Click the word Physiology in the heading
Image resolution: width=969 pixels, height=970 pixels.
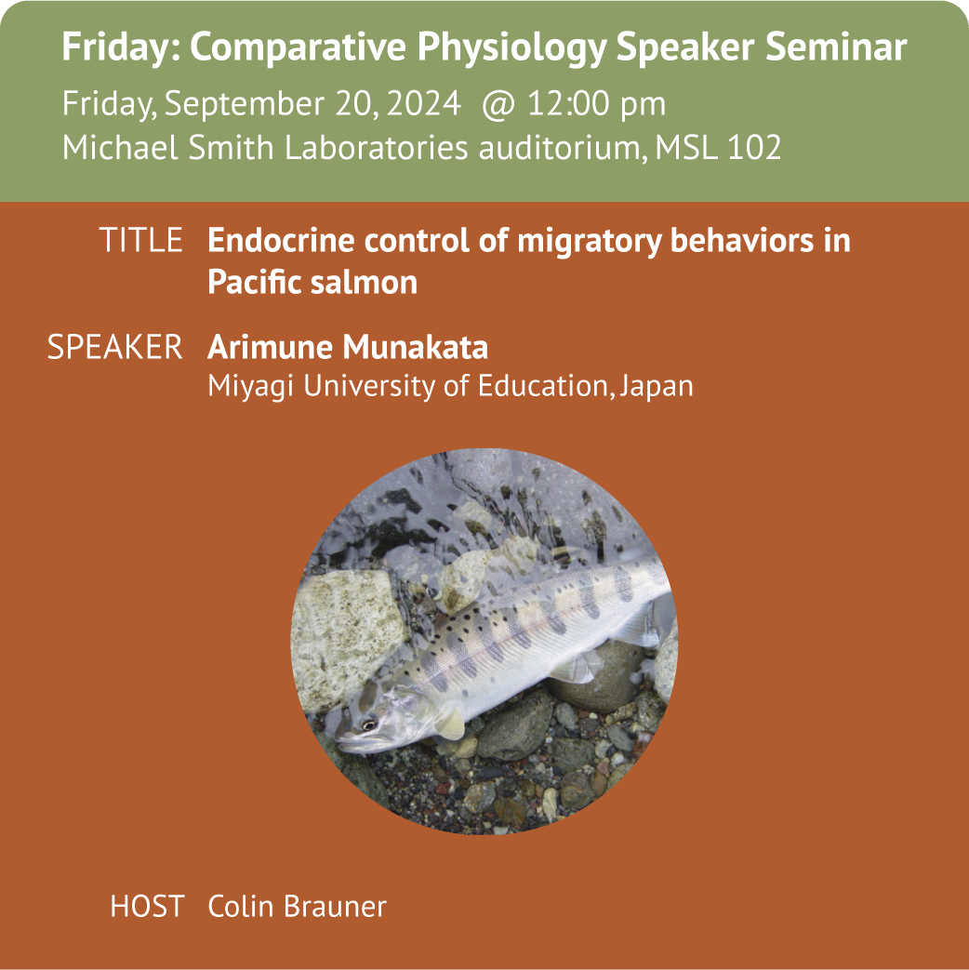(511, 47)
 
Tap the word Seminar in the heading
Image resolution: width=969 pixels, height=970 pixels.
(835, 47)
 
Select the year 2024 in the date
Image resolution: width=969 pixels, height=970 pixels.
(424, 102)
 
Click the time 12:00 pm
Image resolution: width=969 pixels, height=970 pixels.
(596, 103)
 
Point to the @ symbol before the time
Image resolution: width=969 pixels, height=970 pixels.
(498, 104)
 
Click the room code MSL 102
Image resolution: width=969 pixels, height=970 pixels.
(718, 147)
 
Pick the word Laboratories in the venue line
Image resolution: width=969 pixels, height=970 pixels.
(376, 147)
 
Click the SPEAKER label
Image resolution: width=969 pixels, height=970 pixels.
(115, 347)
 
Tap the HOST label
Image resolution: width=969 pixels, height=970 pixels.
(147, 906)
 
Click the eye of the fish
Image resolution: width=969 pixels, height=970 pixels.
(369, 724)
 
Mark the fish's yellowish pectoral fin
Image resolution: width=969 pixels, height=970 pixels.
(450, 723)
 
